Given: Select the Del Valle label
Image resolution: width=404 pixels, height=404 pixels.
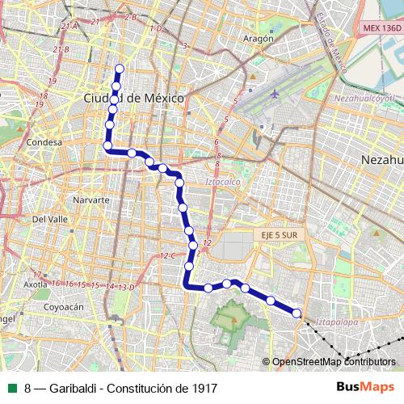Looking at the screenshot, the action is point(49,219).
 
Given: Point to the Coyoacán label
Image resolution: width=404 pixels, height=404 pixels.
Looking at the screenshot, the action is point(64,307).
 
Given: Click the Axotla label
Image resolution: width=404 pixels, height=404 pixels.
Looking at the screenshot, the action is point(35,284).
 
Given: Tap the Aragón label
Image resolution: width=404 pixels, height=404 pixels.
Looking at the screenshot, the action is point(258,38).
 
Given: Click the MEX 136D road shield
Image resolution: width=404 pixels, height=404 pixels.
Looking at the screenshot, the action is point(381,27).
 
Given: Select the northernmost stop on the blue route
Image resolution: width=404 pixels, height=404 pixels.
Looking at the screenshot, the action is point(120,69).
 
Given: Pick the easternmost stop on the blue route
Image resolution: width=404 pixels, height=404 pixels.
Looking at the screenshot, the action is point(297,314).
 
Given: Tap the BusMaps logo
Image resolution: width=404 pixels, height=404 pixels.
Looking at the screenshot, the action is point(371,387).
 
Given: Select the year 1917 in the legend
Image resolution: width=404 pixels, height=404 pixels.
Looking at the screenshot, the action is point(203,388).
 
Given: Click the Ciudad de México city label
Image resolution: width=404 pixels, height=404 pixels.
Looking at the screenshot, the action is point(134,98).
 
